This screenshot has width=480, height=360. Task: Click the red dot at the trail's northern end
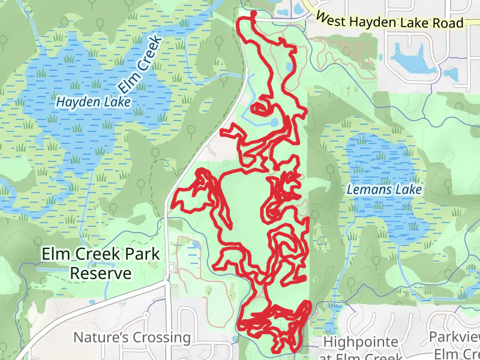point(253,13)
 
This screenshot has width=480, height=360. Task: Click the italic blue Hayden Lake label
point(93,103)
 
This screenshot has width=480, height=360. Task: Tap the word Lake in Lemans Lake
point(409,190)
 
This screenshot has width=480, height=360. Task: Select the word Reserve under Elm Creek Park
point(100,274)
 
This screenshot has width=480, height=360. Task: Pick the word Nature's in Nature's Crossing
point(98,337)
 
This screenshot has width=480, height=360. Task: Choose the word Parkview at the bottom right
point(454,337)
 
